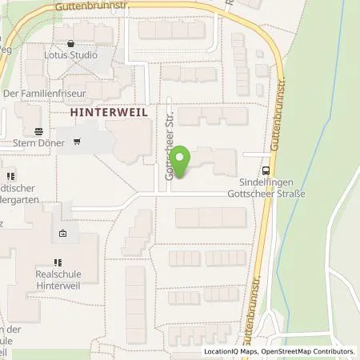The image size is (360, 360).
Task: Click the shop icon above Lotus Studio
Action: (x=72, y=44)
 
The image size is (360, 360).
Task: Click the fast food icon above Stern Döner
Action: (x=39, y=132)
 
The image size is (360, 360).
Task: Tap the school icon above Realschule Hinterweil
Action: (x=58, y=262)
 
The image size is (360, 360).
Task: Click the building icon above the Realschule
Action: (x=63, y=234)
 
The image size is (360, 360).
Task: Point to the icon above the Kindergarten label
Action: (x=10, y=175)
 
